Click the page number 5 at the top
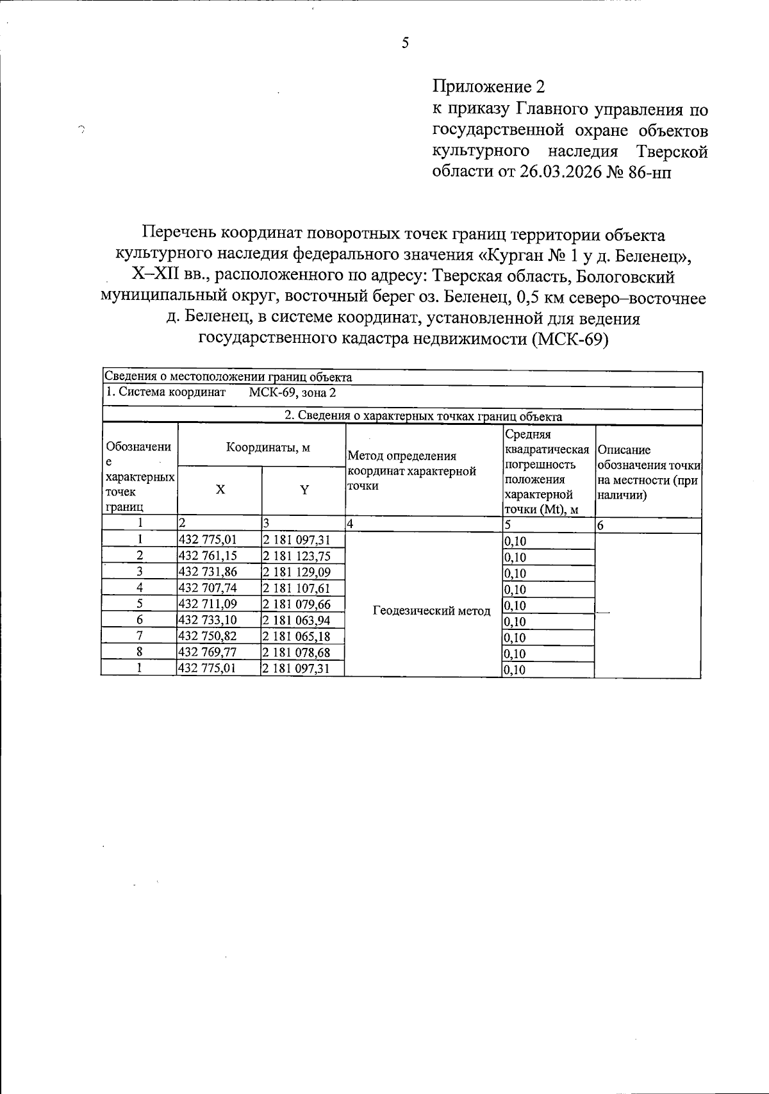pos(404,44)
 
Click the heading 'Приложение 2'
pos(491,86)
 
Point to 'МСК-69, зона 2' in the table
pos(292,393)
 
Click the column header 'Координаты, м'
pos(268,448)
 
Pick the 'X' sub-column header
pos(220,490)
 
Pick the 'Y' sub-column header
pos(304,490)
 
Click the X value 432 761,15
pos(208,556)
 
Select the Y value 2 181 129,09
pos(297,572)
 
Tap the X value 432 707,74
pos(208,588)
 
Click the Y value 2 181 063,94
pos(297,620)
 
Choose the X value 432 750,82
pos(208,636)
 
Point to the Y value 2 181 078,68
pos(297,652)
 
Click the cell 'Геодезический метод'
pos(431,611)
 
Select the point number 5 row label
pos(139,604)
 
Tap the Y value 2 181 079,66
pos(297,604)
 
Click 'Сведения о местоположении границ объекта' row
pos(229,377)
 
